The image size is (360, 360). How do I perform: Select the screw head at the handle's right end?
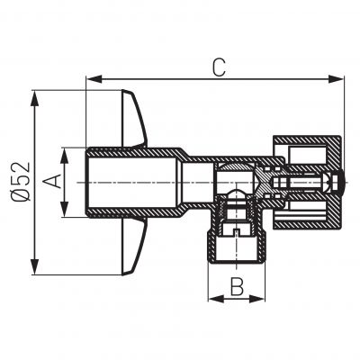(x=337, y=183)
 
